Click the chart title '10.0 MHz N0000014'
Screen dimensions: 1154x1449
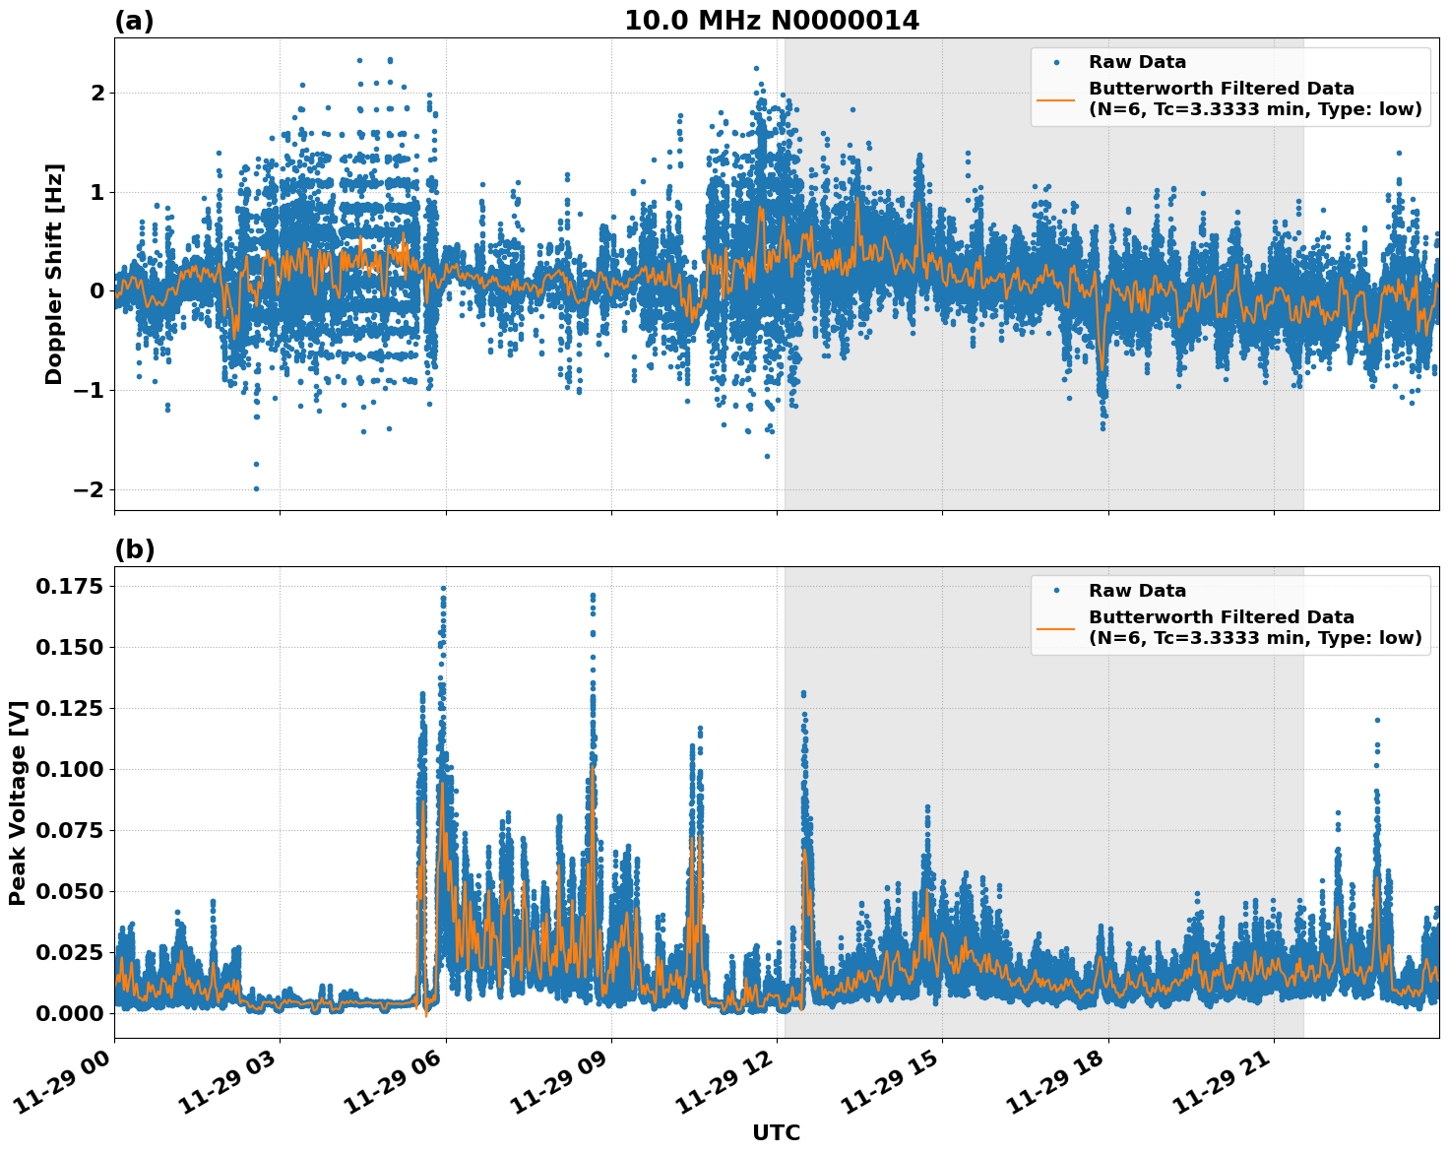772,21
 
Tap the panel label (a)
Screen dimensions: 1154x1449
134,21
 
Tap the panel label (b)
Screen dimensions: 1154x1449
134,549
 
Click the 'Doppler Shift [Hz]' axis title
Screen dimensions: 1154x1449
54,274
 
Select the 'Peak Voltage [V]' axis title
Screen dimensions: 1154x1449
17,802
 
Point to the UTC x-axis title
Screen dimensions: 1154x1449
776,1132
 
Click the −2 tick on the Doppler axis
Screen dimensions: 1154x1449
89,489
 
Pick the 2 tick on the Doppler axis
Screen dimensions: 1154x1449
97,93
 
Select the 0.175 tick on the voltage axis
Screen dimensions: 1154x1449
69,587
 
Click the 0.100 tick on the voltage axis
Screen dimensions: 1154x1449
69,769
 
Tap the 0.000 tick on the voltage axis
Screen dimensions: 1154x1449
69,1013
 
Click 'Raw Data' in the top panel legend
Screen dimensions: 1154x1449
1137,62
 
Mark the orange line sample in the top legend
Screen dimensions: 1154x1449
1055,98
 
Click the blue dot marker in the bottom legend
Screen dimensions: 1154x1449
1055,591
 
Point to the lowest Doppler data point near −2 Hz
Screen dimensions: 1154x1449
256,488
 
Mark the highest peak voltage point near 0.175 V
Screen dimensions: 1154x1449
443,589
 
